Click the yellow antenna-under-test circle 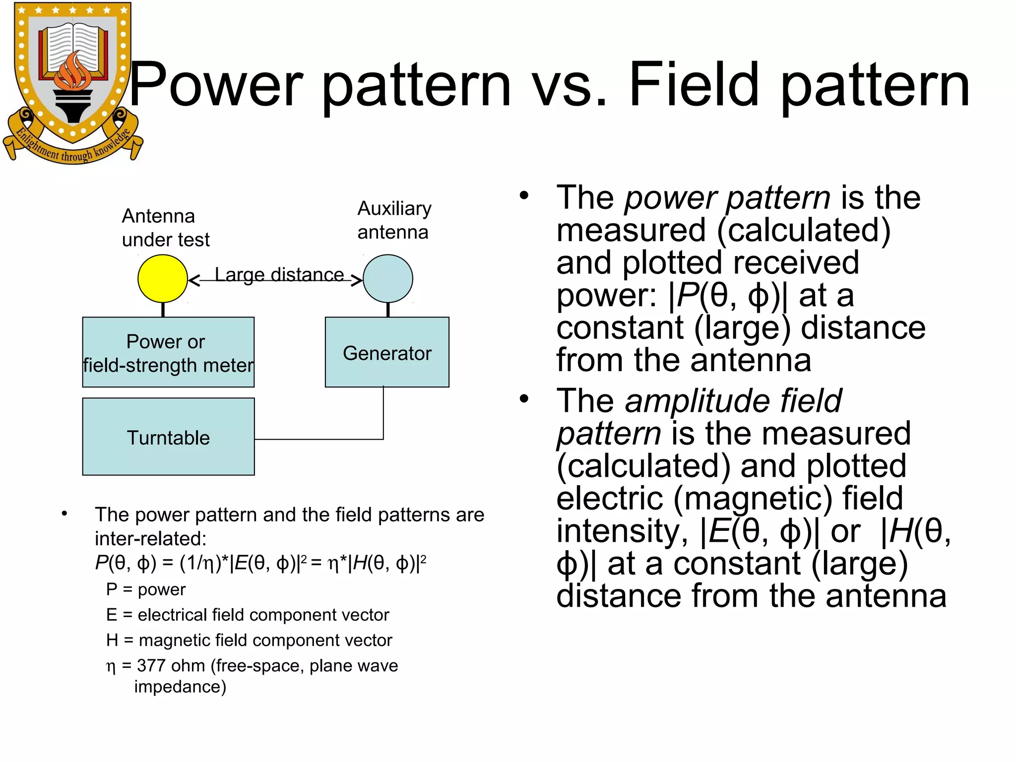(163, 279)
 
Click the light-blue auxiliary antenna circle (388, 279)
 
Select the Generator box (387, 352)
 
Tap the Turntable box (168, 437)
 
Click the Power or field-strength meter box (168, 352)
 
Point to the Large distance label (279, 274)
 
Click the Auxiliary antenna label (394, 220)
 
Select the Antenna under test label (165, 228)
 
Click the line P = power (145, 589)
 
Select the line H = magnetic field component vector (249, 640)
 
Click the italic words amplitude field (733, 401)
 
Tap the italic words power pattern (727, 197)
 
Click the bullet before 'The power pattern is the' (524, 195)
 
